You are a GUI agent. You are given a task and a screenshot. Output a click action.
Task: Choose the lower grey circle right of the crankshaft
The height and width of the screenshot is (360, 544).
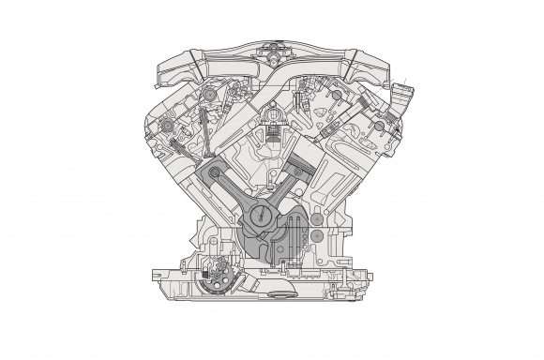317,234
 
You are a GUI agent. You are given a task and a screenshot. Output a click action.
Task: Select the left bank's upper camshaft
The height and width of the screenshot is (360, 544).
209,97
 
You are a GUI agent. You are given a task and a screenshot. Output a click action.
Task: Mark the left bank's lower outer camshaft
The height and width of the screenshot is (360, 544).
167,127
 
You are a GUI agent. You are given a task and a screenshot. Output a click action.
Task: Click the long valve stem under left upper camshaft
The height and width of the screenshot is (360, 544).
205,127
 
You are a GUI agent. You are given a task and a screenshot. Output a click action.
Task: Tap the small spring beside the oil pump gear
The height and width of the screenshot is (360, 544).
241,278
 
